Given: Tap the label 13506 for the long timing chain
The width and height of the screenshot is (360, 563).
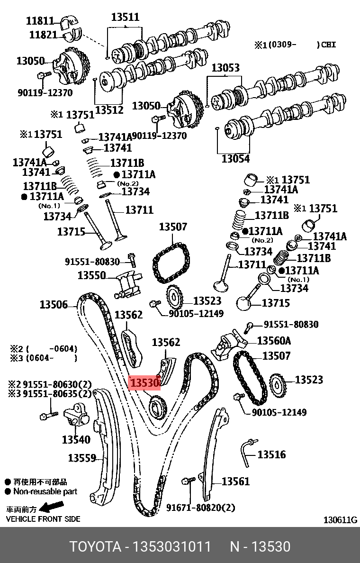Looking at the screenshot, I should [54, 305].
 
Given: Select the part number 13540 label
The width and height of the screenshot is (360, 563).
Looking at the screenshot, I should [76, 440].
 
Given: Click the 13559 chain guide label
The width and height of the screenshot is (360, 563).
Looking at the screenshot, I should [82, 458].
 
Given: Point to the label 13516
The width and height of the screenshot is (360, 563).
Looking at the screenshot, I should [271, 455].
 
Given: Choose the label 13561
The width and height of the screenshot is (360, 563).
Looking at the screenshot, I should [235, 481].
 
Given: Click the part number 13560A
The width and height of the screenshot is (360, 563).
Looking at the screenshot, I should [274, 341].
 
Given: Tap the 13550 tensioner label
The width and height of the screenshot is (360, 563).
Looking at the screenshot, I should [91, 275].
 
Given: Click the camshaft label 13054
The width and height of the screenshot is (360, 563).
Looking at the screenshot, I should [235, 159].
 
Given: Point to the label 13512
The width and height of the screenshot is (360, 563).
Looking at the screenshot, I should [109, 110].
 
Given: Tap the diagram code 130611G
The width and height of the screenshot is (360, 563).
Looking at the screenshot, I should [340, 520].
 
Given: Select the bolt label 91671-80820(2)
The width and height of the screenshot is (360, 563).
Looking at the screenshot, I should [200, 508].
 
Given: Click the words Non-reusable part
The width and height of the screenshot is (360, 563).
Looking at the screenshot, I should [45, 492].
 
